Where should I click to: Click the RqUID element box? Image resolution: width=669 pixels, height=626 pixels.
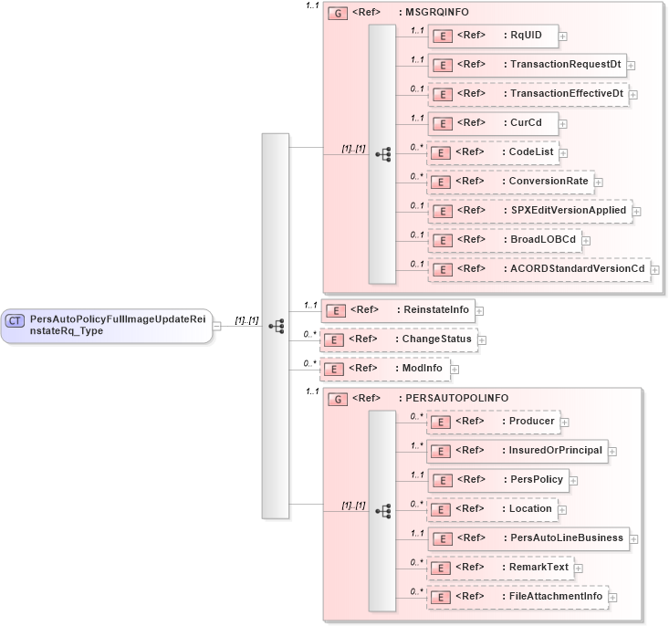(x=493, y=36)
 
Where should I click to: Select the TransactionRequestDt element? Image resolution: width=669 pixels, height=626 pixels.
(x=527, y=65)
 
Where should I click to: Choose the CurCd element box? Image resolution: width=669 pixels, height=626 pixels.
(x=493, y=123)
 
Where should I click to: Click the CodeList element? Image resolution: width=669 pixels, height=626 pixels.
(x=493, y=152)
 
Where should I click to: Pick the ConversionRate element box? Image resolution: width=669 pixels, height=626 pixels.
(x=510, y=182)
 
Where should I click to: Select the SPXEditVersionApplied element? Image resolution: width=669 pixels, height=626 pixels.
(x=529, y=211)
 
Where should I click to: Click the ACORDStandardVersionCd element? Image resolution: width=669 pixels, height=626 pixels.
(x=538, y=269)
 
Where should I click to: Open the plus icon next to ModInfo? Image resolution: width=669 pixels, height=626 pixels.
(x=455, y=370)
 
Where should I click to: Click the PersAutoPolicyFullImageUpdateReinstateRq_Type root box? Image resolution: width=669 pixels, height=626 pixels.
(x=107, y=325)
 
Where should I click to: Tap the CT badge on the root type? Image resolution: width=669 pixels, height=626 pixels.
(x=16, y=320)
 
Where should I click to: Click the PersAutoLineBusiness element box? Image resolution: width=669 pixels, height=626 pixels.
(x=528, y=538)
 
